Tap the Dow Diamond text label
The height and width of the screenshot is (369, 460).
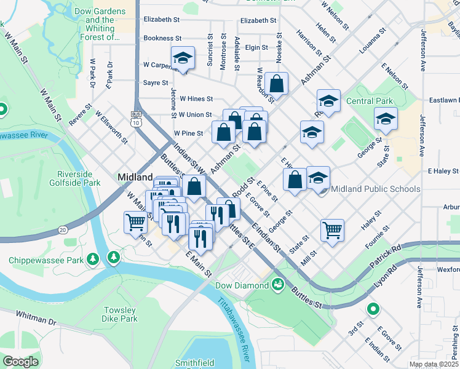[241, 285]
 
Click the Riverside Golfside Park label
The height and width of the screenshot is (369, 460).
[78, 178]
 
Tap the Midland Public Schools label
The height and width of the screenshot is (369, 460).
[375, 189]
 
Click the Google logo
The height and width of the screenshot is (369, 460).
[20, 362]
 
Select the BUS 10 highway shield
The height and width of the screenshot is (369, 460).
[136, 118]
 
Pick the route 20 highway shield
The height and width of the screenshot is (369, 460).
[63, 229]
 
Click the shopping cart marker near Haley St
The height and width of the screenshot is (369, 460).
[332, 230]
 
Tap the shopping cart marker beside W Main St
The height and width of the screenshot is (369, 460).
[135, 222]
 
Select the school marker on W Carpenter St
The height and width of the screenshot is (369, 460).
[183, 58]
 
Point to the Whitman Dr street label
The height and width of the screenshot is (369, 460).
[36, 322]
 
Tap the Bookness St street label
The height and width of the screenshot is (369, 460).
[162, 38]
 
